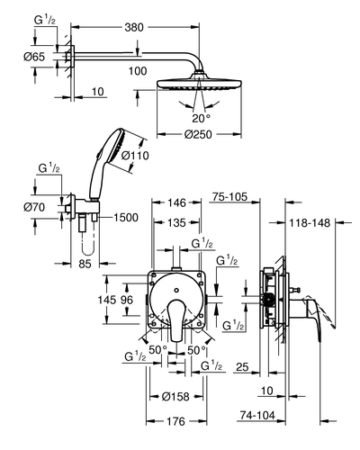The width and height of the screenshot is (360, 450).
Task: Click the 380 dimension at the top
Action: (x=134, y=28)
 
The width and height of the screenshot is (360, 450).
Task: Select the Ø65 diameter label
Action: (x=34, y=57)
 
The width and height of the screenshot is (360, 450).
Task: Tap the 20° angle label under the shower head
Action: (x=202, y=118)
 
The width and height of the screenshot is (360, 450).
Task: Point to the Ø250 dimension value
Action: (x=198, y=134)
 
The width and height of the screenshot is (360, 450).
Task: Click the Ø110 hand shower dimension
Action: (x=135, y=156)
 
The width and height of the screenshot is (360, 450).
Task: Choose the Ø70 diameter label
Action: (x=34, y=207)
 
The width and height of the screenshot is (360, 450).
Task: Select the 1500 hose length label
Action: (x=126, y=218)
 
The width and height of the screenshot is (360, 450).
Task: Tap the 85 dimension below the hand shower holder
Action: (x=85, y=264)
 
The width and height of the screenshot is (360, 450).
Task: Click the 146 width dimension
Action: (x=176, y=202)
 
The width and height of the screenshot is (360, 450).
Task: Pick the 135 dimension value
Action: (x=176, y=223)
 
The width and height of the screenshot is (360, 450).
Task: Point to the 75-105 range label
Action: (x=229, y=197)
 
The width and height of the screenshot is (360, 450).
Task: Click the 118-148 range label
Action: (x=310, y=223)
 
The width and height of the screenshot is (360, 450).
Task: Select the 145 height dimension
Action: (x=107, y=300)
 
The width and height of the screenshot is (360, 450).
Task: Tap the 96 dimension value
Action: (x=126, y=300)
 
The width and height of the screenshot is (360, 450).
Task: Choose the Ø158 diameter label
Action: (x=175, y=397)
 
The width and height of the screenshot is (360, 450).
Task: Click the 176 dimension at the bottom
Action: (x=176, y=421)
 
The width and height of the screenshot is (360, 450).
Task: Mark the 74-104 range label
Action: (x=257, y=415)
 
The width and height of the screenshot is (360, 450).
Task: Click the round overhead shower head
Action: (x=199, y=84)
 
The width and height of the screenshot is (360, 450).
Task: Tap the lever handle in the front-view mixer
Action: (x=176, y=320)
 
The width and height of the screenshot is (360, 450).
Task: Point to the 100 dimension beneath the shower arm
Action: (x=138, y=71)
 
